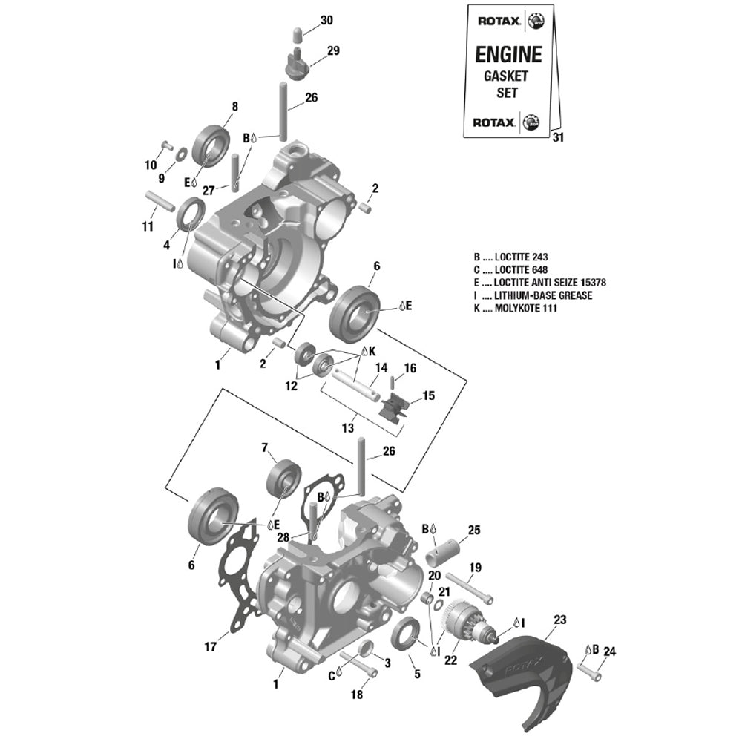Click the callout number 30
326,21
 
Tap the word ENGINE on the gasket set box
508,54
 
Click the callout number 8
234,106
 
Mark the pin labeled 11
159,200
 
